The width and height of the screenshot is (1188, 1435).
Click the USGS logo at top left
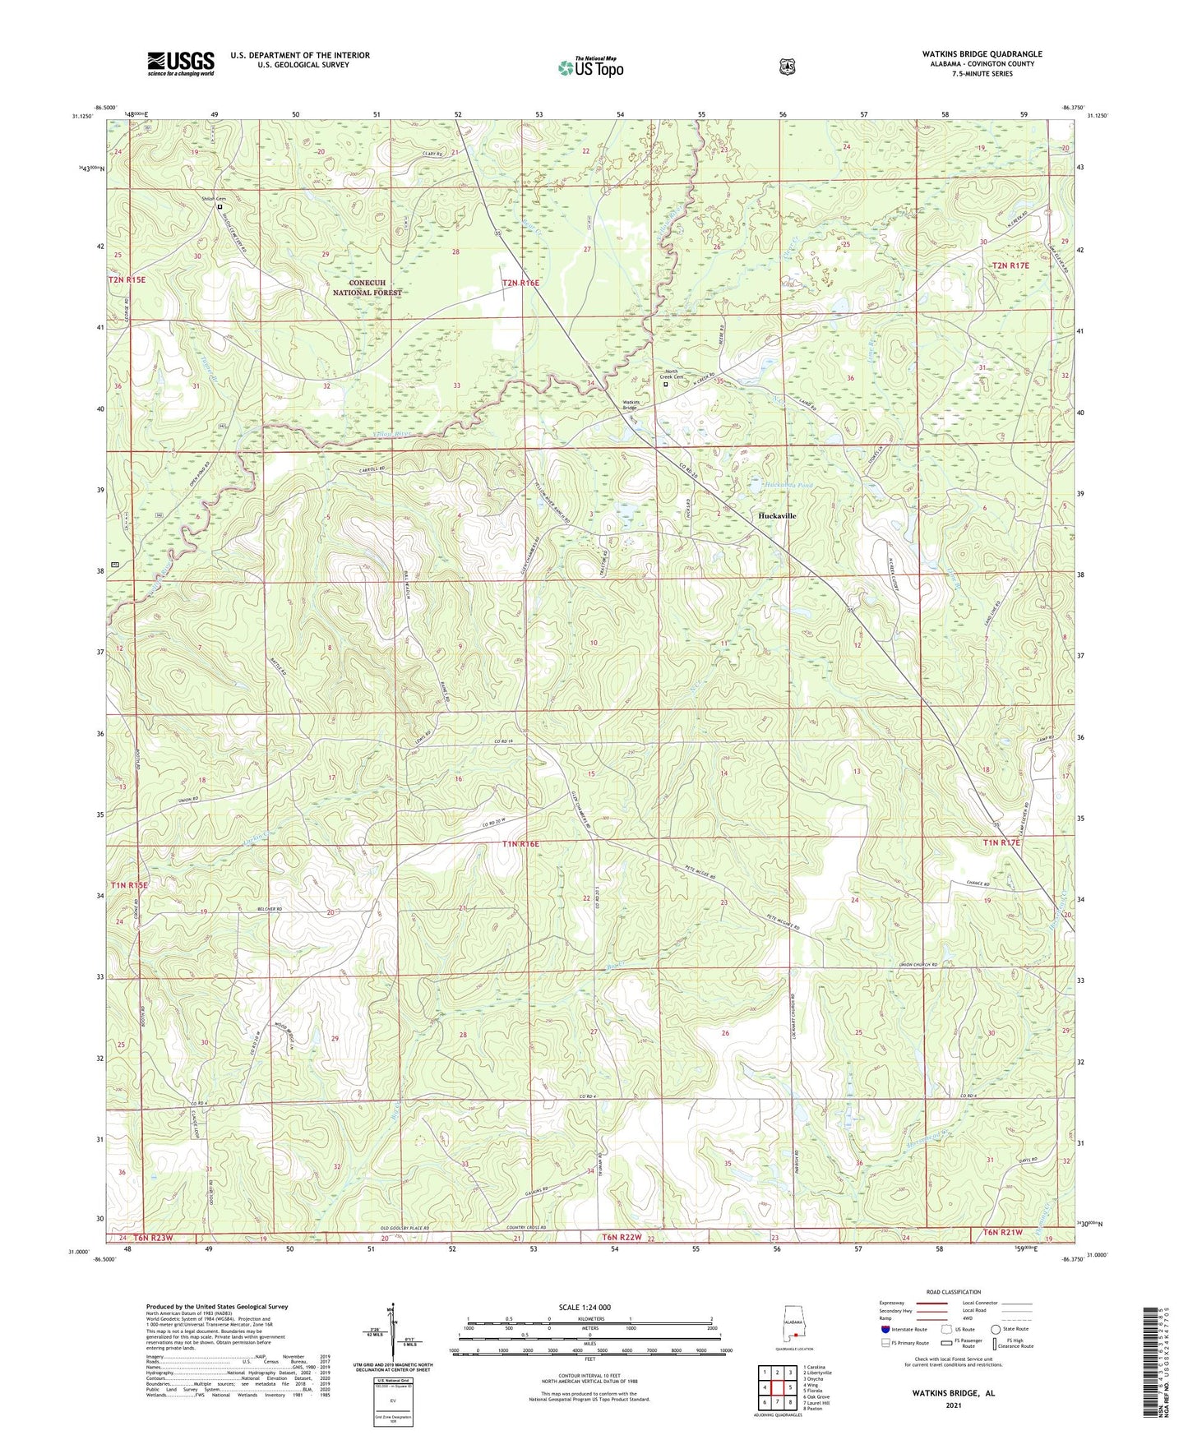(181, 63)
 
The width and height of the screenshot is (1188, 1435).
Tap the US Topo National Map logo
(590, 67)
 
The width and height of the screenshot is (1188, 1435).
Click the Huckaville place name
(776, 515)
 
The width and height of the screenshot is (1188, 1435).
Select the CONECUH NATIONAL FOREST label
(367, 287)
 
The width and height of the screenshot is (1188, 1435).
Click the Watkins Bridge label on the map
(629, 405)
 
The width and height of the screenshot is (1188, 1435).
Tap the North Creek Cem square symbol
(666, 383)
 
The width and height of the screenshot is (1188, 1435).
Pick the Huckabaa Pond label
(788, 485)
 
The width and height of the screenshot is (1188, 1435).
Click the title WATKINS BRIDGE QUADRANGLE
(982, 54)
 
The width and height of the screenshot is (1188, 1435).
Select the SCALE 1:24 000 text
(584, 1307)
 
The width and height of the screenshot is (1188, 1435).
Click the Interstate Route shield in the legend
(885, 1329)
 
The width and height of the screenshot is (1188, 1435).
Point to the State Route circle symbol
(996, 1329)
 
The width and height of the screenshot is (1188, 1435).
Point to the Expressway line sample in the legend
(931, 1303)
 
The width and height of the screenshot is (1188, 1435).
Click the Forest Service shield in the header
(788, 67)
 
